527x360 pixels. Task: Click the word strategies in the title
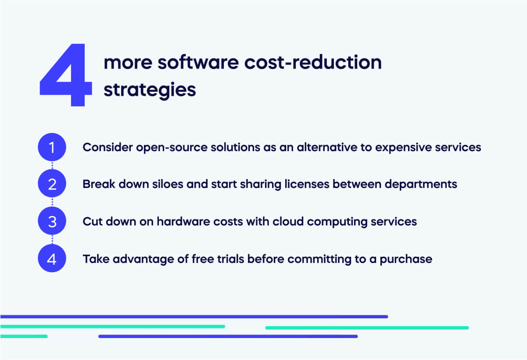click(150, 90)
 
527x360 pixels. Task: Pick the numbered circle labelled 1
click(52, 148)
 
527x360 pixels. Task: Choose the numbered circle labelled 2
click(52, 184)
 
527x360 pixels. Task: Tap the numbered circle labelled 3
click(52, 222)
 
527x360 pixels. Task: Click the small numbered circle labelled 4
click(52, 259)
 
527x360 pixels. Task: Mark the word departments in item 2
click(421, 184)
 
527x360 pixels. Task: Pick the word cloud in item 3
click(288, 222)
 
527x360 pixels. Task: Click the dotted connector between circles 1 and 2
click(52, 166)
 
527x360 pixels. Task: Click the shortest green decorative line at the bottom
click(24, 336)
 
